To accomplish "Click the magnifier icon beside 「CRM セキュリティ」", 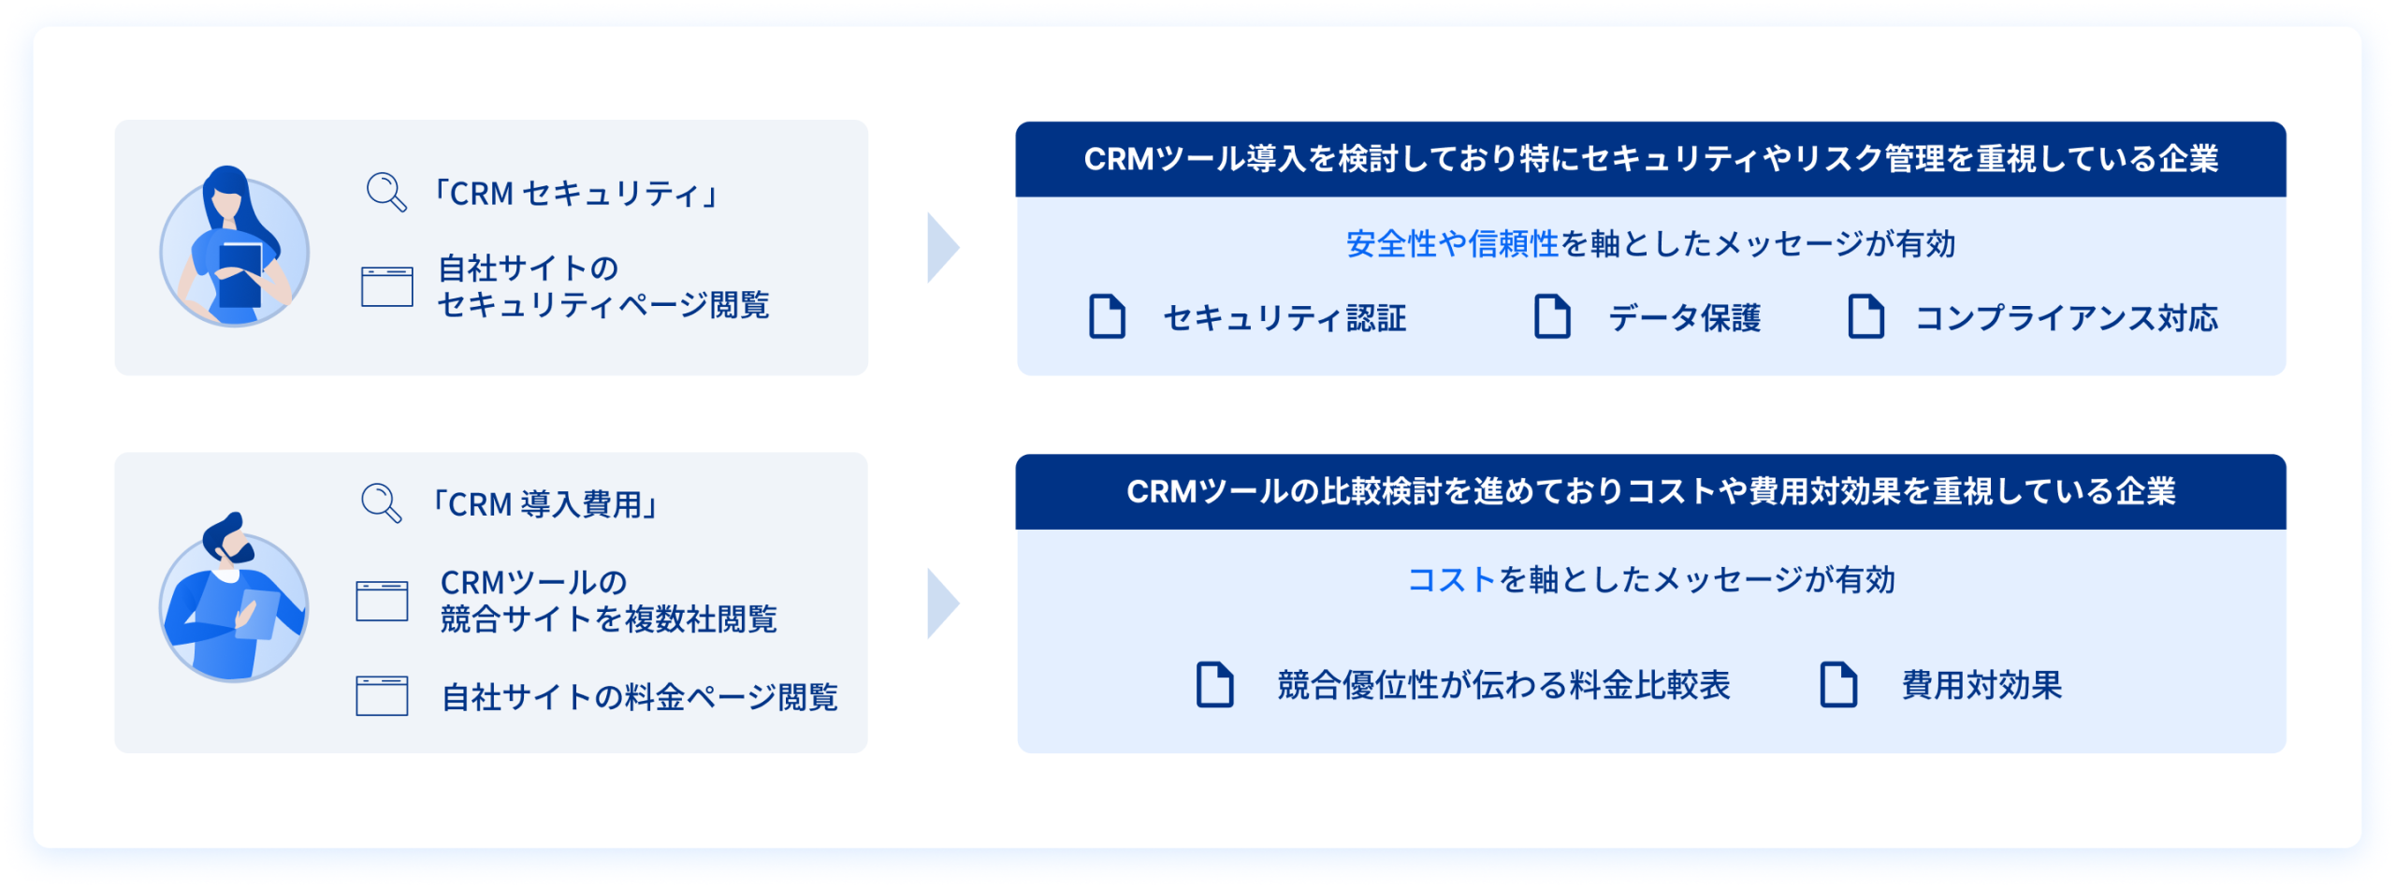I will [385, 192].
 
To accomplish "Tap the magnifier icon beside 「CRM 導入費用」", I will [381, 502].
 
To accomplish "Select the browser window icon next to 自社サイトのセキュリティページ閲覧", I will [387, 286].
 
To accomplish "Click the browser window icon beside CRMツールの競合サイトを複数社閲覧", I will [382, 601].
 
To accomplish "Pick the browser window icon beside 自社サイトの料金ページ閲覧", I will [382, 696].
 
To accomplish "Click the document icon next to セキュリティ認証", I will [1107, 316].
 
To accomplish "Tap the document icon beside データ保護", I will [1552, 316].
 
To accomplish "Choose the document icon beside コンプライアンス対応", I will [1865, 316].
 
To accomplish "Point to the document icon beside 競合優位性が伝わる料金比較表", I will [1214, 684].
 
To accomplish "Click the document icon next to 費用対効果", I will [1837, 684].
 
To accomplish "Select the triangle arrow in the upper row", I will [941, 248].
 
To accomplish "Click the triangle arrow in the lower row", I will [941, 604].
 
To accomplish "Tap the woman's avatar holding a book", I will [234, 248].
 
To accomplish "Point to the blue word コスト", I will [1452, 580].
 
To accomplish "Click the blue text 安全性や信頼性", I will [1452, 244].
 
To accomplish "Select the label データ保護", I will [1684, 318].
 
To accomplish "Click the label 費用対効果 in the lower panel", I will [1981, 686].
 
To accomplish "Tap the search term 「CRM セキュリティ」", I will [574, 194].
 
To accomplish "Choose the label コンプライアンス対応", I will [2066, 318].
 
